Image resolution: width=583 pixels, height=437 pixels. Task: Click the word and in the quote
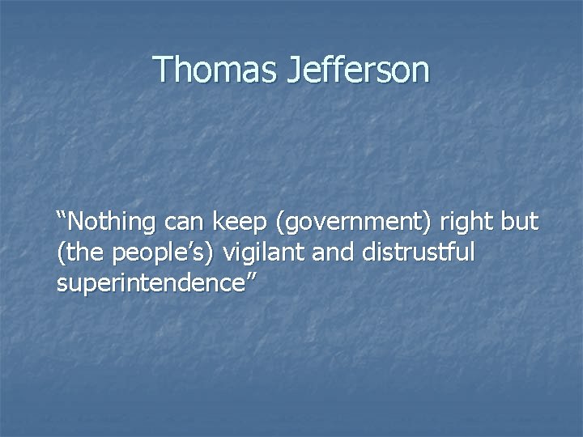point(333,252)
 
